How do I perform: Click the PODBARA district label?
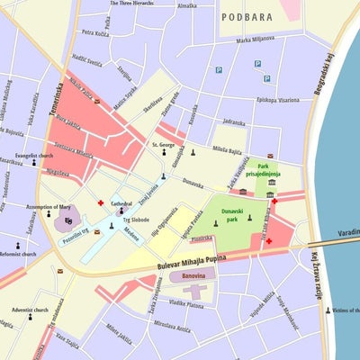pyautogui.click(x=247, y=16)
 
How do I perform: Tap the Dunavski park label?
pyautogui.click(x=238, y=217)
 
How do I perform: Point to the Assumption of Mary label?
pyautogui.click(x=51, y=206)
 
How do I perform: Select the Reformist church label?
pyautogui.click(x=19, y=254)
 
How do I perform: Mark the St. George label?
pyautogui.click(x=163, y=144)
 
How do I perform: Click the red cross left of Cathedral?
pyautogui.click(x=101, y=203)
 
